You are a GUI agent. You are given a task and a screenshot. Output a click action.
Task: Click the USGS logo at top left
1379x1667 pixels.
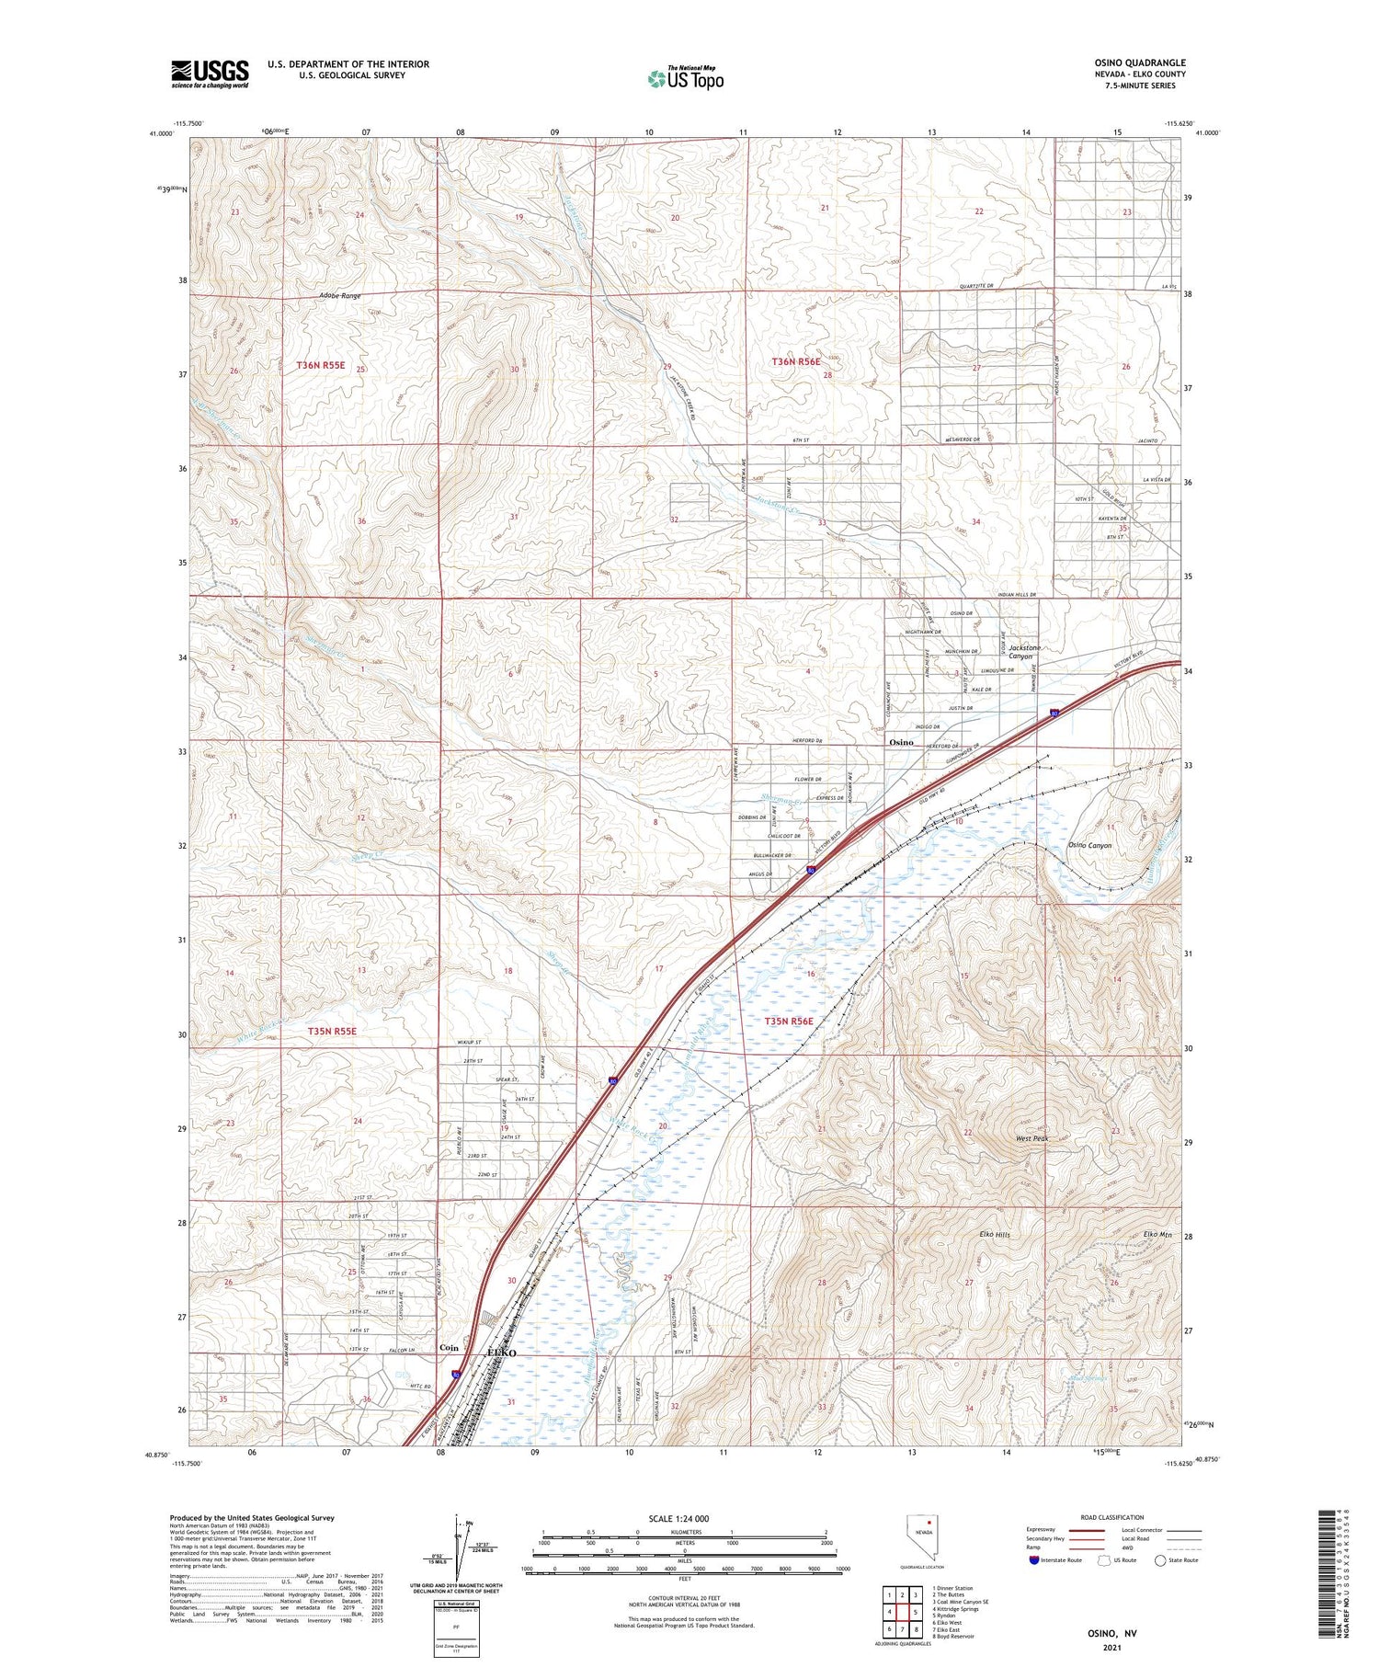[210, 74]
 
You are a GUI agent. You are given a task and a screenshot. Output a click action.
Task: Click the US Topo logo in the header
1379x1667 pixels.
[685, 79]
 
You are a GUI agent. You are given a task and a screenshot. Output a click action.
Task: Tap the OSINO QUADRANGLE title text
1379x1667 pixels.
[1134, 63]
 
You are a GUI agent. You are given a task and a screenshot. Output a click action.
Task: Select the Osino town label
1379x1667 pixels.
[901, 742]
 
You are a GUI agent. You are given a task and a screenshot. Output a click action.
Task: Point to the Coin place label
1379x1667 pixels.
[449, 1347]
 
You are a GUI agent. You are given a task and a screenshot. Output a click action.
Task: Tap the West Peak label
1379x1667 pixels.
[1031, 1138]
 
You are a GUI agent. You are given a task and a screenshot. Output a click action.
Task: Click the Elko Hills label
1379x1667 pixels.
[994, 1235]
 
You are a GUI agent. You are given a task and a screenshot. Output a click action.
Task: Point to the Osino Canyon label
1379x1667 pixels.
[1089, 845]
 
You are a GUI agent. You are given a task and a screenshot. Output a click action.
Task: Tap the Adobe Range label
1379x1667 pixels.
[339, 296]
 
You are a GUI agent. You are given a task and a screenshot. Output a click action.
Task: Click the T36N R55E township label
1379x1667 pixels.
[320, 365]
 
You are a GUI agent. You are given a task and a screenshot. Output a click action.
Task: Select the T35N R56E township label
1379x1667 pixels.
[789, 1022]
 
